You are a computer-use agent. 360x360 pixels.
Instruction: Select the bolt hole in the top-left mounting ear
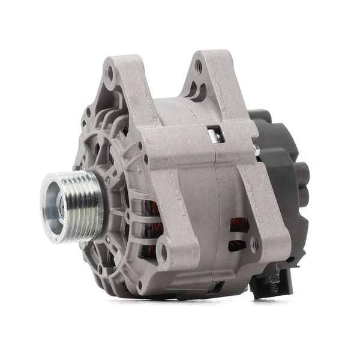pyautogui.click(x=110, y=75)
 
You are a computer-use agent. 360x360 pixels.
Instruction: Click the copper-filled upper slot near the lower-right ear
pyautogui.click(x=239, y=226)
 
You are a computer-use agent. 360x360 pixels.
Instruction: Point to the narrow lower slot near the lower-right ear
pyautogui.click(x=236, y=245)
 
